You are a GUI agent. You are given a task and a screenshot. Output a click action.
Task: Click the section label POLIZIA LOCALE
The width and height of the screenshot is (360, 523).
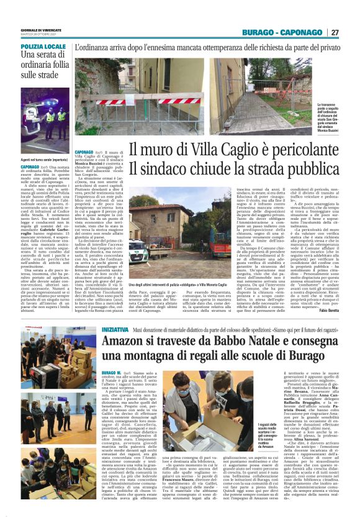pos(42,47)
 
